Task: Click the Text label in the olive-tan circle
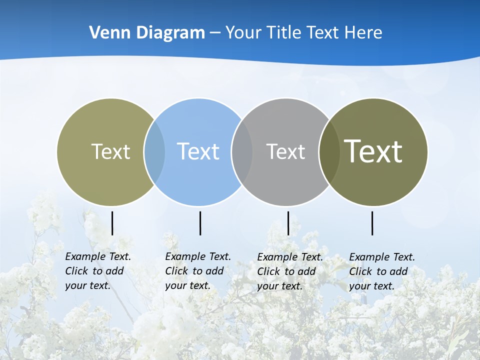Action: [x=110, y=151]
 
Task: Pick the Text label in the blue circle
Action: [x=198, y=151]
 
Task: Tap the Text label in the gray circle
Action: [x=285, y=151]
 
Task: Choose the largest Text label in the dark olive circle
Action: [x=373, y=151]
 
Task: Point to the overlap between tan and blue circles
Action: [x=154, y=152]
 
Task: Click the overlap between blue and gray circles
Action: [x=242, y=152]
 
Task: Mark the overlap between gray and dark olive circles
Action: [x=329, y=152]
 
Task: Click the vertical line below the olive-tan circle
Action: [x=112, y=223]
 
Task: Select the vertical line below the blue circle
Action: [x=200, y=223]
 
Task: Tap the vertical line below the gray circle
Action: [x=288, y=223]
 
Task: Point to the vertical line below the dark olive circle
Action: [x=372, y=223]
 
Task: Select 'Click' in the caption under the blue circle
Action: [x=176, y=271]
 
